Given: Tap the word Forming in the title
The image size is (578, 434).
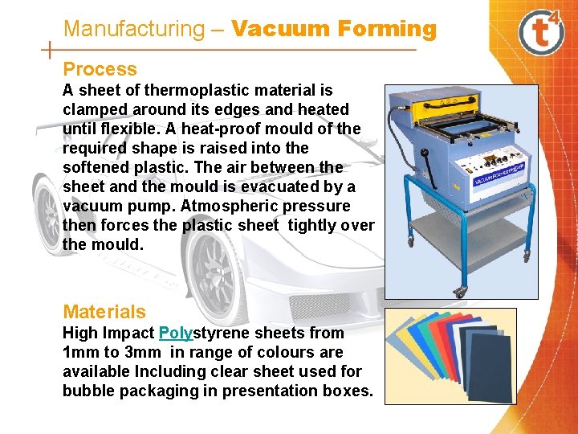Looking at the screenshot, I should [x=387, y=30].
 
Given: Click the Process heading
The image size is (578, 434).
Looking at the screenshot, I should [x=100, y=70].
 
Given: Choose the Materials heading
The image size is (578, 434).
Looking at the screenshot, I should [x=104, y=312].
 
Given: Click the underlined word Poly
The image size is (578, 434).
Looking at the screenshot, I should [x=176, y=333].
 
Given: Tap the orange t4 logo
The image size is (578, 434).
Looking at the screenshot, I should [x=541, y=31].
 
